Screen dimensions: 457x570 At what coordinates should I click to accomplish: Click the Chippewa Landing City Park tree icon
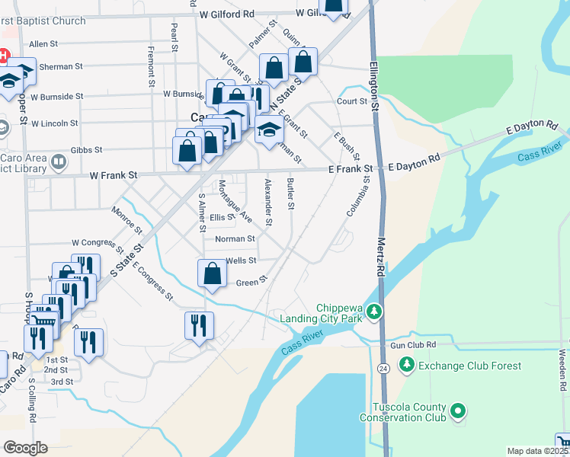pyautogui.click(x=374, y=311)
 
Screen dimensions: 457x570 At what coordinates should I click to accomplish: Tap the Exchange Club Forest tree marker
pyautogui.click(x=407, y=366)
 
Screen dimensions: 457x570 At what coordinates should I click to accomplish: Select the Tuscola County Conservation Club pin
pyautogui.click(x=458, y=412)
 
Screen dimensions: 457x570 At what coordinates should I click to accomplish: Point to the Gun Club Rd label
pyautogui.click(x=412, y=345)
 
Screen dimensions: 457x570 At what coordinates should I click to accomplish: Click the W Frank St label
pyautogui.click(x=113, y=175)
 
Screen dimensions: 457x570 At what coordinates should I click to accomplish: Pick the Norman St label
pyautogui.click(x=234, y=238)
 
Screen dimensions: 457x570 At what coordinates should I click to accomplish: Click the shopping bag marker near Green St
pyautogui.click(x=212, y=273)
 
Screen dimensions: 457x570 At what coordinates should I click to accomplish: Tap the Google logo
pyautogui.click(x=25, y=447)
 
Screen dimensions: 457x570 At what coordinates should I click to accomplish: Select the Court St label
pyautogui.click(x=353, y=101)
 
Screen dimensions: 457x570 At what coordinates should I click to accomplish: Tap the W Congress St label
pyautogui.click(x=97, y=242)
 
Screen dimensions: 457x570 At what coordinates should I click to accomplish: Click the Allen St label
pyautogui.click(x=43, y=44)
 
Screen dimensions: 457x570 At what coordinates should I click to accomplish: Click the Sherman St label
pyautogui.click(x=61, y=67)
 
